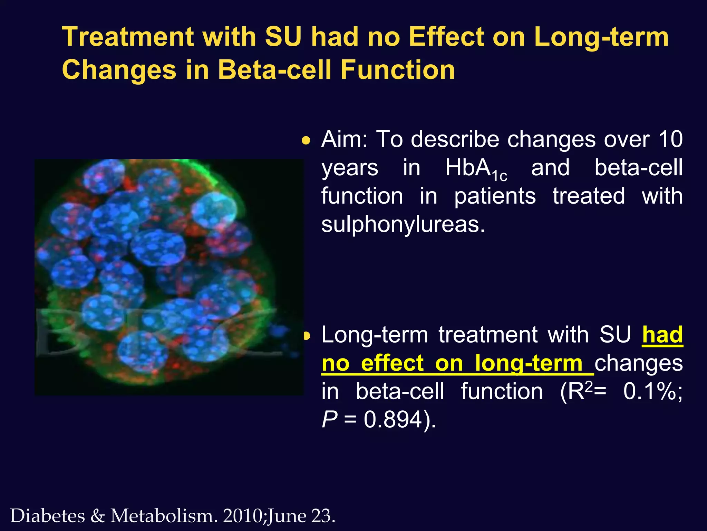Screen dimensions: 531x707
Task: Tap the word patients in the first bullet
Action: pos(495,196)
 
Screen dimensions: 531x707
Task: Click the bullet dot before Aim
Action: pos(306,141)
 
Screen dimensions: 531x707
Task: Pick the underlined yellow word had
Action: pos(662,335)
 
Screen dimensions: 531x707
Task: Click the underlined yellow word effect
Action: pos(392,363)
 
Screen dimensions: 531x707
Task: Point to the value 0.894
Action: pos(393,420)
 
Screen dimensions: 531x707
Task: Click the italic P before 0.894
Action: pos(329,420)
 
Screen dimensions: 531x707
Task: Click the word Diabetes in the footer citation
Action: pos(48,516)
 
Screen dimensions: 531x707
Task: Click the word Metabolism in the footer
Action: pos(164,516)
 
